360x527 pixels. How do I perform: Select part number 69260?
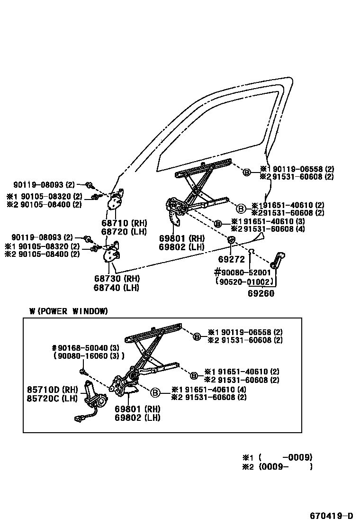(261, 293)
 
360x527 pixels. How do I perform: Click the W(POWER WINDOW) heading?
(69, 311)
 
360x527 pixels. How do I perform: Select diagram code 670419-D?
(332, 516)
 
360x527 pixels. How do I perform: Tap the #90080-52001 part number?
(243, 273)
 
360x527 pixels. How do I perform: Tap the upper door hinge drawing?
(116, 201)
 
